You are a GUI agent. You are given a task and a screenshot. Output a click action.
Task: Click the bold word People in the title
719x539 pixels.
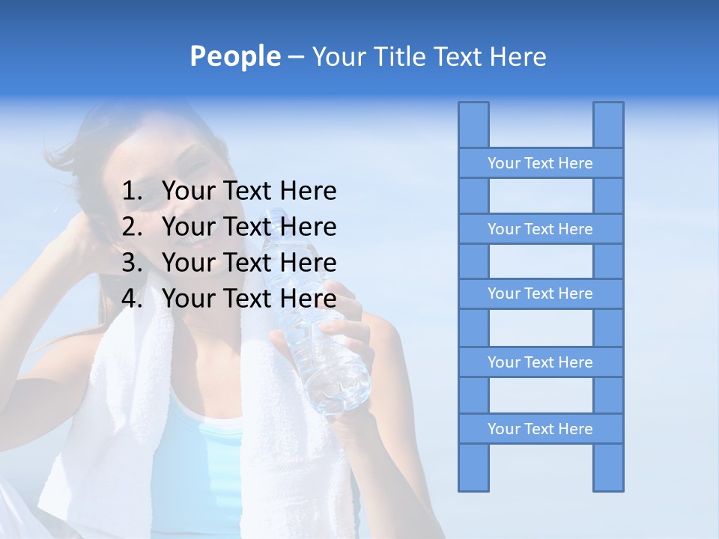click(x=234, y=56)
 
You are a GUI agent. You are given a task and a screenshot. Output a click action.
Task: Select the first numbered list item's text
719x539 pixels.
click(x=249, y=191)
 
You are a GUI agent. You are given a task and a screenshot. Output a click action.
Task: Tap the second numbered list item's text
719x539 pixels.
click(x=249, y=227)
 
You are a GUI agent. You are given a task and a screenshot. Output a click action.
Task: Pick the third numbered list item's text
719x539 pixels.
click(x=249, y=263)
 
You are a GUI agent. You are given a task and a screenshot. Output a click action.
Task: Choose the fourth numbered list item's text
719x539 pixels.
click(x=249, y=299)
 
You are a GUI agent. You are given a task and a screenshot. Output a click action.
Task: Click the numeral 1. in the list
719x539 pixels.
click(x=132, y=191)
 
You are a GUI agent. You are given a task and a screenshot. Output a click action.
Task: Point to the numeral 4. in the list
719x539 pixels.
click(x=132, y=299)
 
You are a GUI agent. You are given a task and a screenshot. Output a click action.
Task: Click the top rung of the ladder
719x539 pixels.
click(x=540, y=163)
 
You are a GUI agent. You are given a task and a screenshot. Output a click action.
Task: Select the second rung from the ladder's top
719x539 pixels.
click(x=540, y=229)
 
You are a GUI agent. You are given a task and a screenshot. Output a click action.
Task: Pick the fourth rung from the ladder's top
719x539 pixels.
click(x=540, y=362)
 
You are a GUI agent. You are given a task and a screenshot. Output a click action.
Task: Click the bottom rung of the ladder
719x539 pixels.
click(x=540, y=429)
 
